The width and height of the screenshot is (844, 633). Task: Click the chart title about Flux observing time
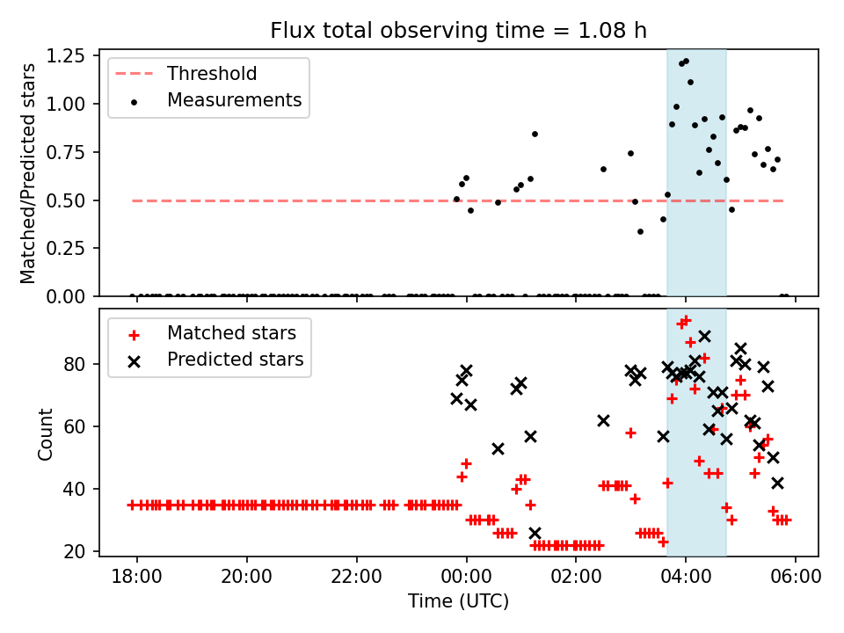click(x=458, y=31)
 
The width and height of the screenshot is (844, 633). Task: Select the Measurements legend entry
click(x=234, y=100)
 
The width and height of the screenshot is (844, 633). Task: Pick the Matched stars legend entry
click(x=231, y=333)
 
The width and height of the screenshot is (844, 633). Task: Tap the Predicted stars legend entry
click(x=235, y=360)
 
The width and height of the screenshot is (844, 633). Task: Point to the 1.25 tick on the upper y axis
click(x=69, y=56)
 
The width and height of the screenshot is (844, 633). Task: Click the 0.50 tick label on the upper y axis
click(x=69, y=200)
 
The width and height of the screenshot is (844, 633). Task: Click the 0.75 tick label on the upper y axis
click(x=69, y=152)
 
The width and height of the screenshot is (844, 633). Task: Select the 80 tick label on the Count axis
click(x=76, y=364)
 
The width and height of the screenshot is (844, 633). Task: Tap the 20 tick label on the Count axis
click(x=76, y=551)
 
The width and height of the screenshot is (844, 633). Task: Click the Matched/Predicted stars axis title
click(x=28, y=173)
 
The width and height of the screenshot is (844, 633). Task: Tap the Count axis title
click(x=46, y=433)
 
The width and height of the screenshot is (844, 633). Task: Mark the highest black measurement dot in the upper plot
click(x=686, y=62)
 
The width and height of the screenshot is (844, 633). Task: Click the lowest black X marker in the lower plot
click(x=535, y=533)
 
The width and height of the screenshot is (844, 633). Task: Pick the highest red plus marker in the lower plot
click(x=686, y=321)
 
